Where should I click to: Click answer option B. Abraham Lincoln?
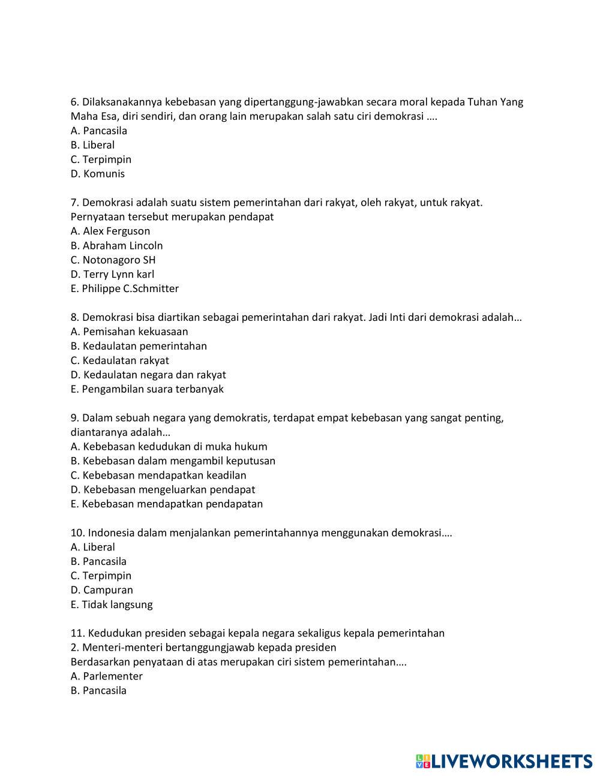(116, 245)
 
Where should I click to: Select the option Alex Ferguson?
(110, 231)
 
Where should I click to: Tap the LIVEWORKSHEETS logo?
(504, 761)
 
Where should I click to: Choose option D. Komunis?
(98, 174)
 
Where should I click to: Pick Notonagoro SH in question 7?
(113, 260)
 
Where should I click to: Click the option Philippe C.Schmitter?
(124, 288)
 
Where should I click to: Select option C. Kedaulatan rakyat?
(119, 360)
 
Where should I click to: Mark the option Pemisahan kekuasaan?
(129, 332)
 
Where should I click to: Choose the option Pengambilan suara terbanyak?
(147, 389)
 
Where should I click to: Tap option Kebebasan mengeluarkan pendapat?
(163, 489)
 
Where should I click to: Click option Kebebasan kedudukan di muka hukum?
(169, 446)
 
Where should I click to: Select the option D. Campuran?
(101, 590)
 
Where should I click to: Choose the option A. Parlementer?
(106, 676)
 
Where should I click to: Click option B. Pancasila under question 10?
(98, 561)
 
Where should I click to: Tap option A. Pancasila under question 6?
(98, 131)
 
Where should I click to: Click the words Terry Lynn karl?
(118, 274)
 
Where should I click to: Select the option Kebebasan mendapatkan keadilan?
(158, 475)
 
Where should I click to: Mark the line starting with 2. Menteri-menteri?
(203, 648)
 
